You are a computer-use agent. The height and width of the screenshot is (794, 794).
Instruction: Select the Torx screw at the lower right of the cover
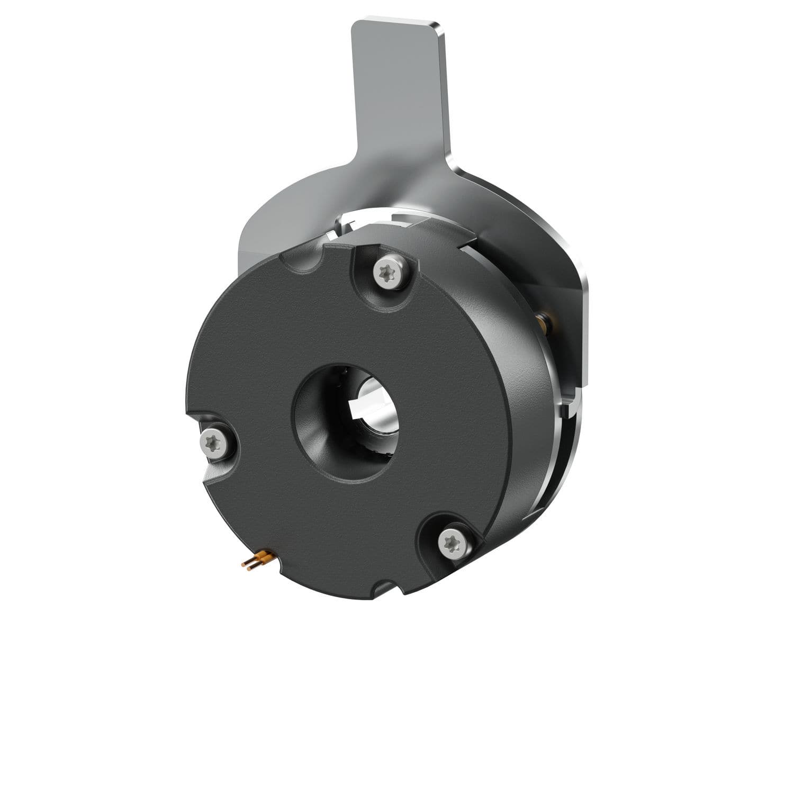click(x=454, y=543)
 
